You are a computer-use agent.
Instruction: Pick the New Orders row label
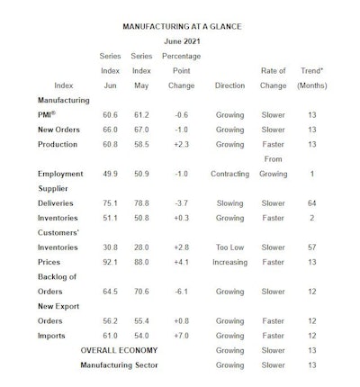(x=61, y=130)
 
